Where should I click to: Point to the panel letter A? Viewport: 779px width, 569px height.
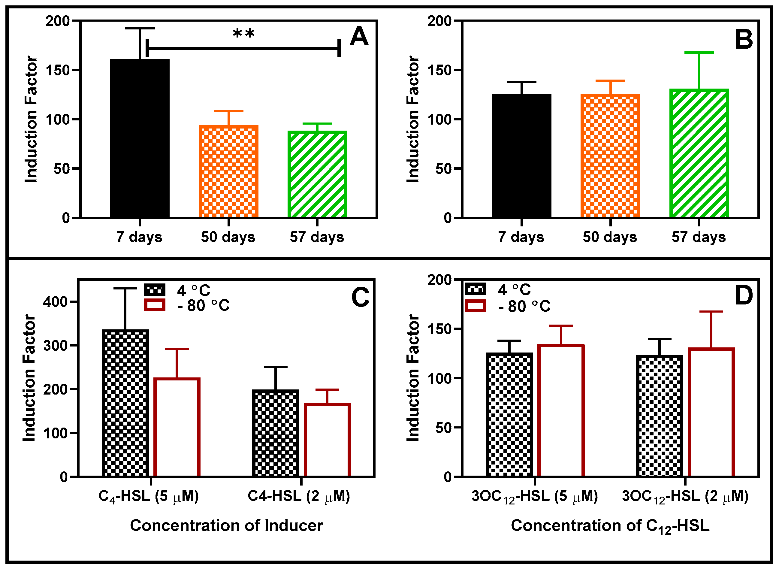(x=358, y=37)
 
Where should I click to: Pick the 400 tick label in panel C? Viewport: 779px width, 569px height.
(x=55, y=302)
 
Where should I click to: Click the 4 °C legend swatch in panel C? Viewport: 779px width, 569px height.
(x=155, y=290)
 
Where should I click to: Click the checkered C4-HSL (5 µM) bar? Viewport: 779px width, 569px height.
(x=126, y=403)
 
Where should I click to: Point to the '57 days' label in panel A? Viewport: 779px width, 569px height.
(x=317, y=237)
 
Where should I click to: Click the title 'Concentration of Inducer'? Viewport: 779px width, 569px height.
(x=226, y=525)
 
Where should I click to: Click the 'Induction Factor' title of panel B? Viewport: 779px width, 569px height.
(x=412, y=119)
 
